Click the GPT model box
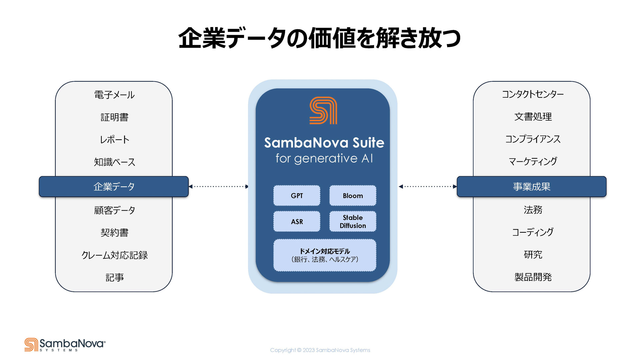pyautogui.click(x=297, y=196)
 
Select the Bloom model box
pyautogui.click(x=353, y=196)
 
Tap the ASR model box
pyautogui.click(x=297, y=221)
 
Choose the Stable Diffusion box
pyautogui.click(x=353, y=221)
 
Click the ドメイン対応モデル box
pyautogui.click(x=325, y=255)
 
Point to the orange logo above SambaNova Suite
pyautogui.click(x=323, y=110)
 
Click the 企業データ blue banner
pyautogui.click(x=114, y=187)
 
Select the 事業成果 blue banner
pyautogui.click(x=531, y=187)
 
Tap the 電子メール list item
pyautogui.click(x=114, y=95)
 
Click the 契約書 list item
pyautogui.click(x=114, y=233)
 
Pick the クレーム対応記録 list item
pyautogui.click(x=114, y=255)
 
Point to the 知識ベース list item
pyautogui.click(x=114, y=162)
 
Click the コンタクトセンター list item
pyautogui.click(x=533, y=94)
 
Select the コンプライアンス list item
pyautogui.click(x=533, y=139)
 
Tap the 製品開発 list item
pyautogui.click(x=533, y=277)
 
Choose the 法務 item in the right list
pyautogui.click(x=533, y=210)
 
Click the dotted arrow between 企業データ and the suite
pyautogui.click(x=219, y=187)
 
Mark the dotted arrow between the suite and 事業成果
pyautogui.click(x=428, y=187)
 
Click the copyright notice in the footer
pyautogui.click(x=320, y=350)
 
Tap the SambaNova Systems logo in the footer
pyautogui.click(x=65, y=345)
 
